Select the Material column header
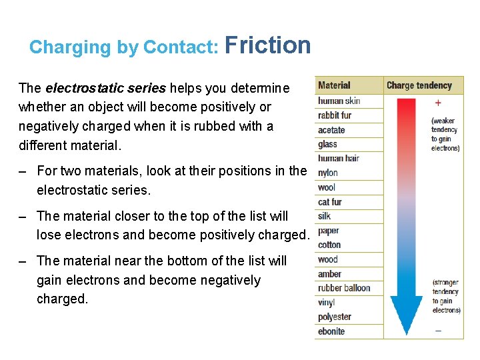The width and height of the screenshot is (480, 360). pyautogui.click(x=334, y=85)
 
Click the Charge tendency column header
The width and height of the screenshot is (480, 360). pyautogui.click(x=419, y=85)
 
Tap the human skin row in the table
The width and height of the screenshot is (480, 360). pyautogui.click(x=339, y=101)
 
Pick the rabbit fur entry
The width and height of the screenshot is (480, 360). pyautogui.click(x=335, y=115)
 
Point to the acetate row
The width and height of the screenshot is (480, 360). pyautogui.click(x=331, y=130)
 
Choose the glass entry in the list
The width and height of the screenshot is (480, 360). pyautogui.click(x=327, y=144)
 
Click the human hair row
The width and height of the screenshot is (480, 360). pyautogui.click(x=339, y=159)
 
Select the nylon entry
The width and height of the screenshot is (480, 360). pyautogui.click(x=328, y=173)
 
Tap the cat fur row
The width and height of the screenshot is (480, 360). pyautogui.click(x=330, y=202)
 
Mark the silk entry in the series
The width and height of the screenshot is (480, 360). pyautogui.click(x=325, y=216)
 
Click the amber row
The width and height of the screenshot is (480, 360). pyautogui.click(x=329, y=274)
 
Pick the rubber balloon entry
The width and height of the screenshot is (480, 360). pyautogui.click(x=344, y=288)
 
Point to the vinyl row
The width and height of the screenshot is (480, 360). pyautogui.click(x=327, y=303)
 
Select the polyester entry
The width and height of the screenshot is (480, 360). pyautogui.click(x=335, y=317)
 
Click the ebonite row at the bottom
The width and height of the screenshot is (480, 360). pyautogui.click(x=331, y=331)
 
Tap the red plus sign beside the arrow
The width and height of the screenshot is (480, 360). pyautogui.click(x=438, y=103)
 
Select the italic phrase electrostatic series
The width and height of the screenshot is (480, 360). pyautogui.click(x=105, y=88)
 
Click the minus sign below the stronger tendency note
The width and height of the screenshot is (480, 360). pyautogui.click(x=438, y=330)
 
